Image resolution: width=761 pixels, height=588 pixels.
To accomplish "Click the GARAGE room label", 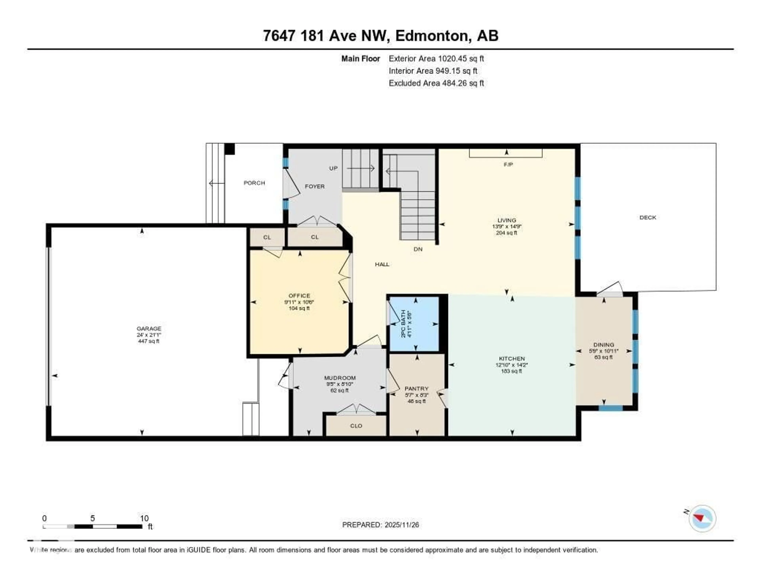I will pos(149,328).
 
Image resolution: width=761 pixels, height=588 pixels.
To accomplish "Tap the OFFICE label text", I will pos(299,296).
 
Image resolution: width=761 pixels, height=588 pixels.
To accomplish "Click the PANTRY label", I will pos(416,388).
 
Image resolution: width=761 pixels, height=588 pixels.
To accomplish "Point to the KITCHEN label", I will pos(511,358).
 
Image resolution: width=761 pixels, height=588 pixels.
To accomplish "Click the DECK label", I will pos(647,217).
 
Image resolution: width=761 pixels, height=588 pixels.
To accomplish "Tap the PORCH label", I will pos(254,183).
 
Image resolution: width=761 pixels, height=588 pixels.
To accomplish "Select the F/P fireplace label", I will pos(508,164).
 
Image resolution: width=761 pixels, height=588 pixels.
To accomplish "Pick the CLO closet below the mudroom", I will pos(356,426).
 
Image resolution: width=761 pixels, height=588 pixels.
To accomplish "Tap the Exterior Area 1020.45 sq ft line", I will pos(436,58).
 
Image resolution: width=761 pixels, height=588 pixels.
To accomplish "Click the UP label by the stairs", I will pos(333,168).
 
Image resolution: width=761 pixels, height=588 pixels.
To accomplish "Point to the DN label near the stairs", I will pos(418,249).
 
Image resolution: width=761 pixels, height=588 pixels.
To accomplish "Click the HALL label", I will pos(382,264).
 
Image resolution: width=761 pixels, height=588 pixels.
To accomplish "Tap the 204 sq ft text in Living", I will pos(506,233).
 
